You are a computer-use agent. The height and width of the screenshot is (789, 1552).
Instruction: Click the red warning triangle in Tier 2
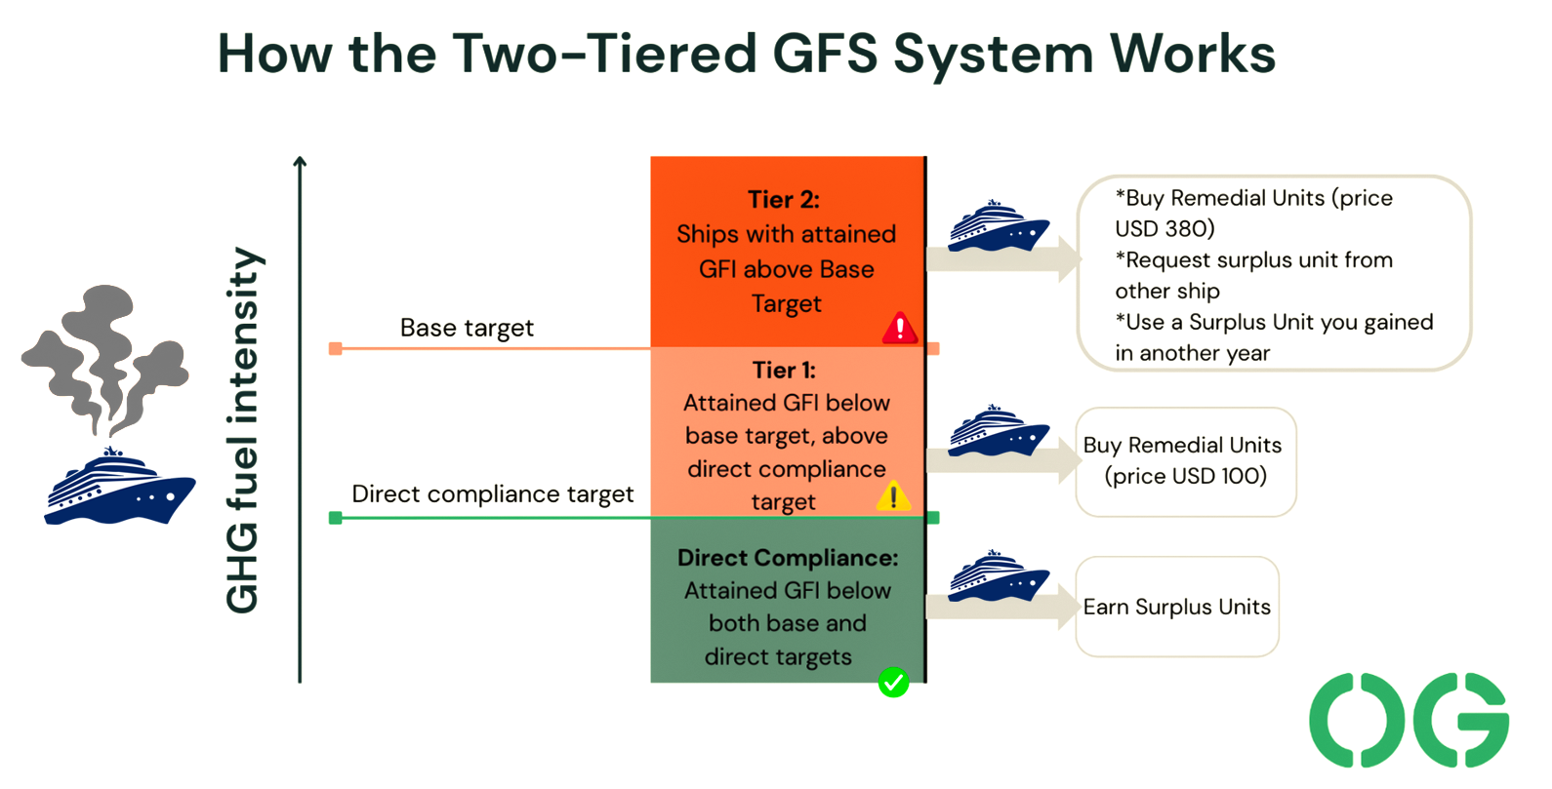[x=900, y=328]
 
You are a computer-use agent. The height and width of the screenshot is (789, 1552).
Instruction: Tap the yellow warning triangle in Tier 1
[x=894, y=496]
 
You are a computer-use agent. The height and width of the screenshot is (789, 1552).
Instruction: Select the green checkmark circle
[x=894, y=683]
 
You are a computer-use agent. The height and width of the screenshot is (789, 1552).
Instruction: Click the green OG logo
[x=1409, y=720]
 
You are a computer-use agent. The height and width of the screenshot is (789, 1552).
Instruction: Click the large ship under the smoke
[x=119, y=486]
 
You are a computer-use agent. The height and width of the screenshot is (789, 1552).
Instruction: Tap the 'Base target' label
[x=467, y=328]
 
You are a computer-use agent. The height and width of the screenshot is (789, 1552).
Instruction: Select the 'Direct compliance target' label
[x=493, y=494]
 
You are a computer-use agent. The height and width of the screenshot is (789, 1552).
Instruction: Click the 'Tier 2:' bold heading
[x=784, y=199]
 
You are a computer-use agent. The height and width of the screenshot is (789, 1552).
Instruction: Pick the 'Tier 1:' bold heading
[x=785, y=371]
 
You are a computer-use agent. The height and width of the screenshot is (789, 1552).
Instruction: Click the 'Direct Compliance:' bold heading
[x=788, y=558]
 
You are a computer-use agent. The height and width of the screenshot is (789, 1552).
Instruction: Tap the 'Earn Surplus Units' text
[x=1176, y=607]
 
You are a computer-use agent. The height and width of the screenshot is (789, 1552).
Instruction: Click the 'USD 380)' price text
[x=1164, y=228]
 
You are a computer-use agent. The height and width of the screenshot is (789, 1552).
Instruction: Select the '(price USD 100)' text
[x=1186, y=476]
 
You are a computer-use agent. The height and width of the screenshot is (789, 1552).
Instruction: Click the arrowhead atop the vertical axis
[x=300, y=161]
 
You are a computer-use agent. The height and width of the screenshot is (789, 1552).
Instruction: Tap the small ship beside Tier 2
[x=999, y=225]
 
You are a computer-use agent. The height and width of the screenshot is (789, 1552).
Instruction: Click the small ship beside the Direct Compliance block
[x=999, y=575]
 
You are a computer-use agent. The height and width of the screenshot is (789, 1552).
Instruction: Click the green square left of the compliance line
[x=336, y=518]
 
